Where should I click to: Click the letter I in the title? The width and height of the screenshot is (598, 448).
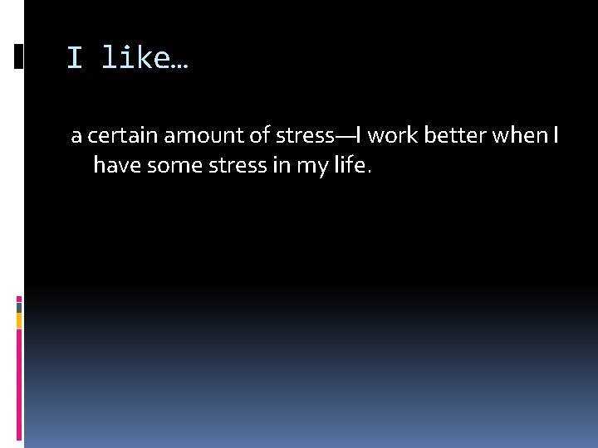pyautogui.click(x=75, y=58)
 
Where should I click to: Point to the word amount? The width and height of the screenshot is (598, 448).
pyautogui.click(x=208, y=135)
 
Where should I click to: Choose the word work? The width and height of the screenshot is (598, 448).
pyautogui.click(x=393, y=135)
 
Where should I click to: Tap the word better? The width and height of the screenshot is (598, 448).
pyautogui.click(x=455, y=135)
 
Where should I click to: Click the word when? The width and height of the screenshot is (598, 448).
pyautogui.click(x=520, y=135)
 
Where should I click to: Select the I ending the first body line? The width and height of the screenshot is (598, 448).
pyautogui.click(x=554, y=135)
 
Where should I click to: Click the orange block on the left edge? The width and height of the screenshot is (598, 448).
pyautogui.click(x=19, y=320)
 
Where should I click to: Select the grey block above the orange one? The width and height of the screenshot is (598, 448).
pyautogui.click(x=19, y=306)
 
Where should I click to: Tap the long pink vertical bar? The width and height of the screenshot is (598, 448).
pyautogui.click(x=19, y=382)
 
